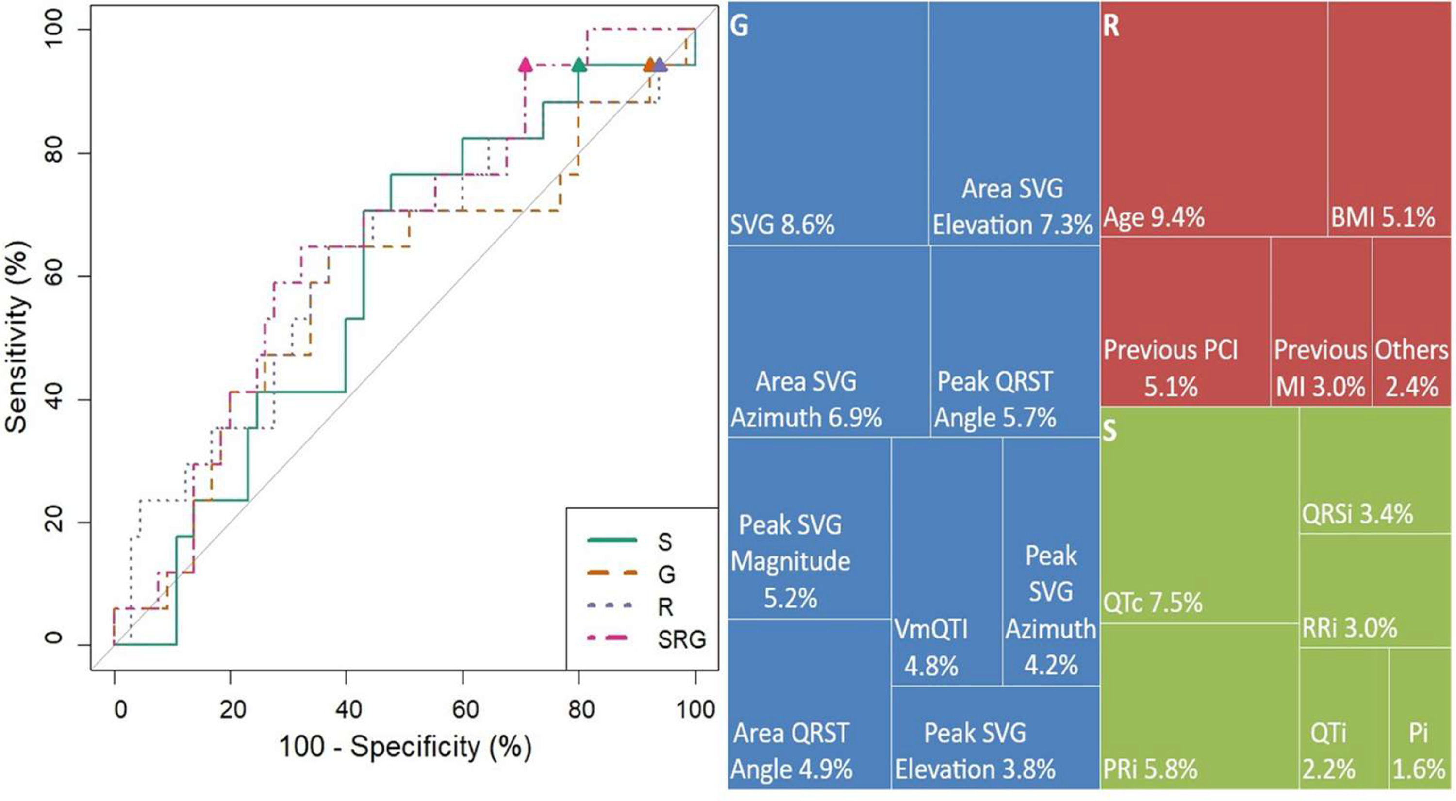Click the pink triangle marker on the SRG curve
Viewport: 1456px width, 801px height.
[526, 65]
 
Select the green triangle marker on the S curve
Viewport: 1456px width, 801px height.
[578, 65]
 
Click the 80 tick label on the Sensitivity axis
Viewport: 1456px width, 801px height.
[54, 154]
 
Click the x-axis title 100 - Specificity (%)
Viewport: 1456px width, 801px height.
[405, 747]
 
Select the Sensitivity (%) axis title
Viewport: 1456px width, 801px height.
[17, 337]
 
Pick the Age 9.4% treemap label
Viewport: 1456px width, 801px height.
[1154, 217]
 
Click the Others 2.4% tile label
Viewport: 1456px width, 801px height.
[1411, 368]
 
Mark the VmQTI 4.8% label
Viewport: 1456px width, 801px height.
[931, 647]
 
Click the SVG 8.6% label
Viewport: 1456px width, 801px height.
[782, 225]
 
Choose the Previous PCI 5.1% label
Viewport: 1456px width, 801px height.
[1171, 368]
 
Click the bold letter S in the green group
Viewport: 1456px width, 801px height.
[1109, 432]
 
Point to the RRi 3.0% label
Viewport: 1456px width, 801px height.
[1350, 628]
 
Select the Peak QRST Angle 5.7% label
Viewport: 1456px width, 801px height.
[995, 399]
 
